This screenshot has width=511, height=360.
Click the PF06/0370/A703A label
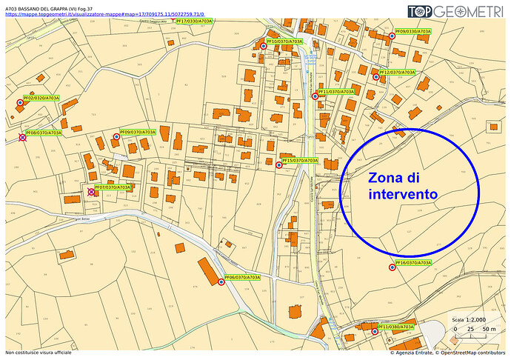(x=242, y=277)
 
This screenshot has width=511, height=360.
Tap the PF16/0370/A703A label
(x=413, y=263)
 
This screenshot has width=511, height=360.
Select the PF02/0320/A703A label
(x=41, y=98)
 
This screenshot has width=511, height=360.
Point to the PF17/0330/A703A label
(x=194, y=21)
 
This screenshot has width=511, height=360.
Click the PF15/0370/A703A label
(x=300, y=160)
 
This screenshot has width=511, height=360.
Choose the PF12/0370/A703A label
(x=396, y=72)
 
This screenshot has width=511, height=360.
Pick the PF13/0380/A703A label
(x=396, y=327)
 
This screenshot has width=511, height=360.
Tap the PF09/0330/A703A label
(x=416, y=32)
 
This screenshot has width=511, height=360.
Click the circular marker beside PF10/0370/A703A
(x=263, y=47)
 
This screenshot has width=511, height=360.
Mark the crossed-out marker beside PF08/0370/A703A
(x=23, y=137)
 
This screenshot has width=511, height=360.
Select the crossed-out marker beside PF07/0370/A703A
(x=91, y=192)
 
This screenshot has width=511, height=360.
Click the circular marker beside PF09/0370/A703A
(x=116, y=137)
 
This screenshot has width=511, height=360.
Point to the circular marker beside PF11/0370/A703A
(x=315, y=96)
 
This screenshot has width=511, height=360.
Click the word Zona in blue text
(x=388, y=178)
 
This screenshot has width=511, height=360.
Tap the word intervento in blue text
(x=403, y=194)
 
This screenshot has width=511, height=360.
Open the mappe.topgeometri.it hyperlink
(x=104, y=14)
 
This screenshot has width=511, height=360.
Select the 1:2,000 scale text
(x=475, y=320)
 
